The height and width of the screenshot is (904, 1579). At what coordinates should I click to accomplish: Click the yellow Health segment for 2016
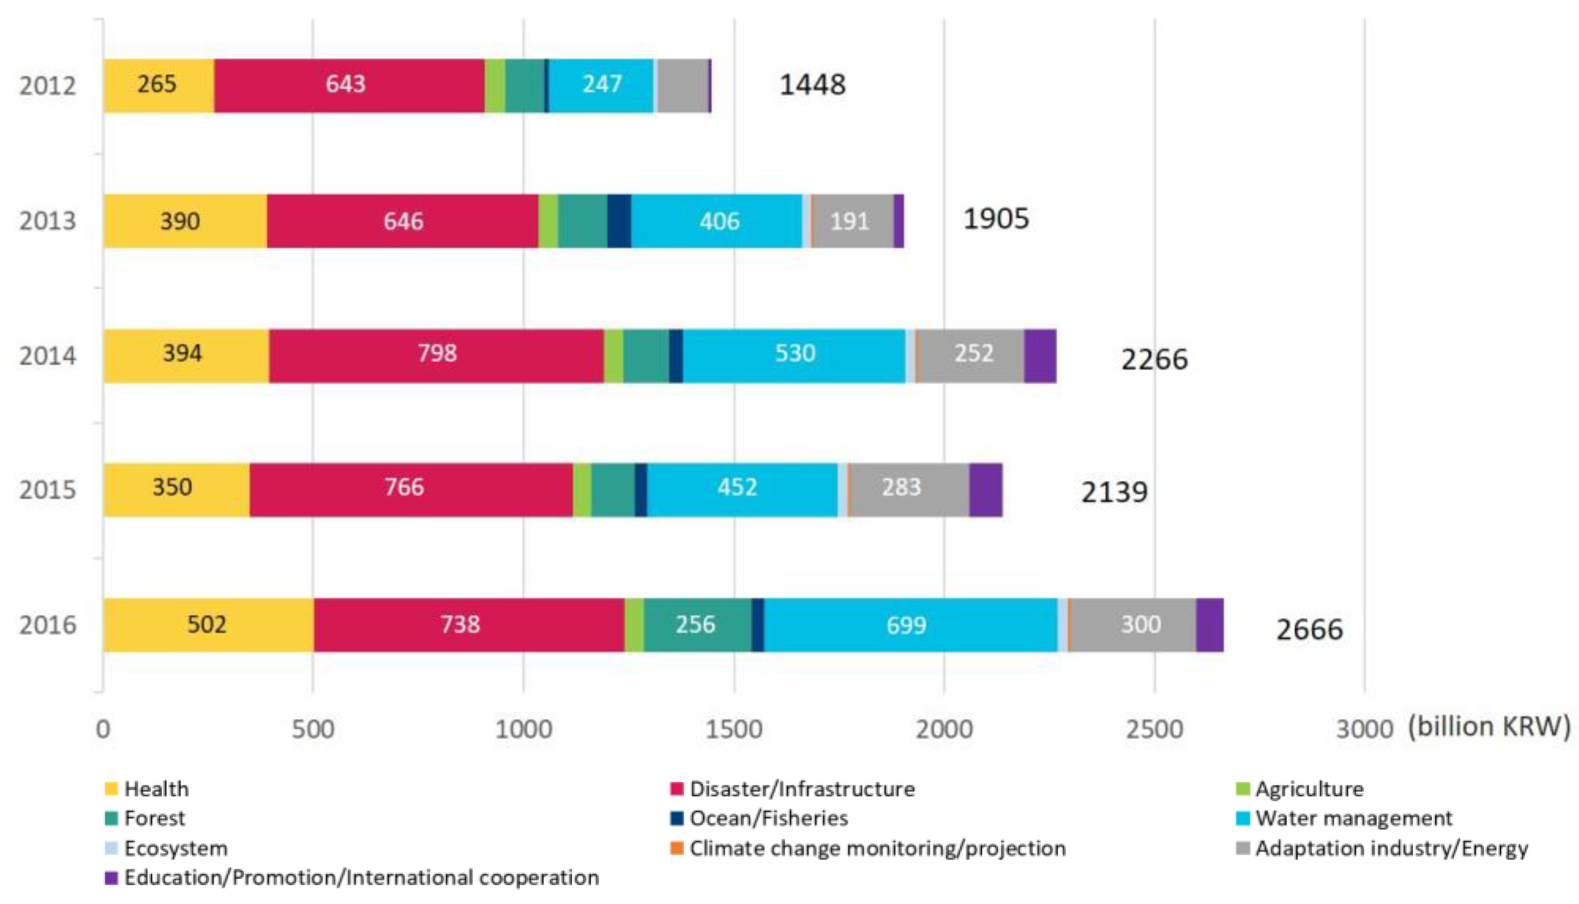click(x=208, y=625)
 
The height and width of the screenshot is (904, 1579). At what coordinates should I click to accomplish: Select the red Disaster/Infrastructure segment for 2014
click(x=436, y=356)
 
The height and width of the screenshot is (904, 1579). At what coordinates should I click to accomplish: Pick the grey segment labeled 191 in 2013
click(x=851, y=221)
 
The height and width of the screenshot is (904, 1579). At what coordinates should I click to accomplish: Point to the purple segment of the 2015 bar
click(x=986, y=490)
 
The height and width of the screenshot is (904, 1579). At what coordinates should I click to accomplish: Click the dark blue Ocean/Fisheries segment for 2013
click(x=619, y=221)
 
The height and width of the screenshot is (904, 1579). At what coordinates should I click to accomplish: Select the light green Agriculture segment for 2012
click(x=494, y=86)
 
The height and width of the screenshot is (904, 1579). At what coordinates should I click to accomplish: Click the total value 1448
click(x=812, y=85)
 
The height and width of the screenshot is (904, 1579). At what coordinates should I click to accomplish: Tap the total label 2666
click(x=1309, y=629)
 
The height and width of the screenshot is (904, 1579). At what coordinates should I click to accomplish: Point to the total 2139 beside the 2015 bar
click(x=1114, y=492)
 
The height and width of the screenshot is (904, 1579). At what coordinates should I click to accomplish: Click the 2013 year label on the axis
click(x=47, y=221)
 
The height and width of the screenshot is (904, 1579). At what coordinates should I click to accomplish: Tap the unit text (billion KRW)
click(x=1489, y=726)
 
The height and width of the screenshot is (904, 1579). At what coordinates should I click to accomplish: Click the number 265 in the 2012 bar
click(x=157, y=84)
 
